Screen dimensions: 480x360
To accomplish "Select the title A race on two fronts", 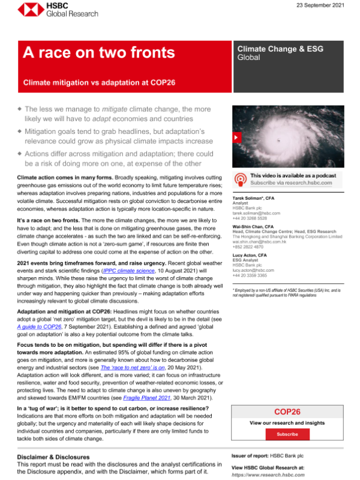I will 99,53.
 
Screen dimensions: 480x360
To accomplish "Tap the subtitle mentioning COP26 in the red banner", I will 99,82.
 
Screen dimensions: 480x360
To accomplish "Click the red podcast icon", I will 239,178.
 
